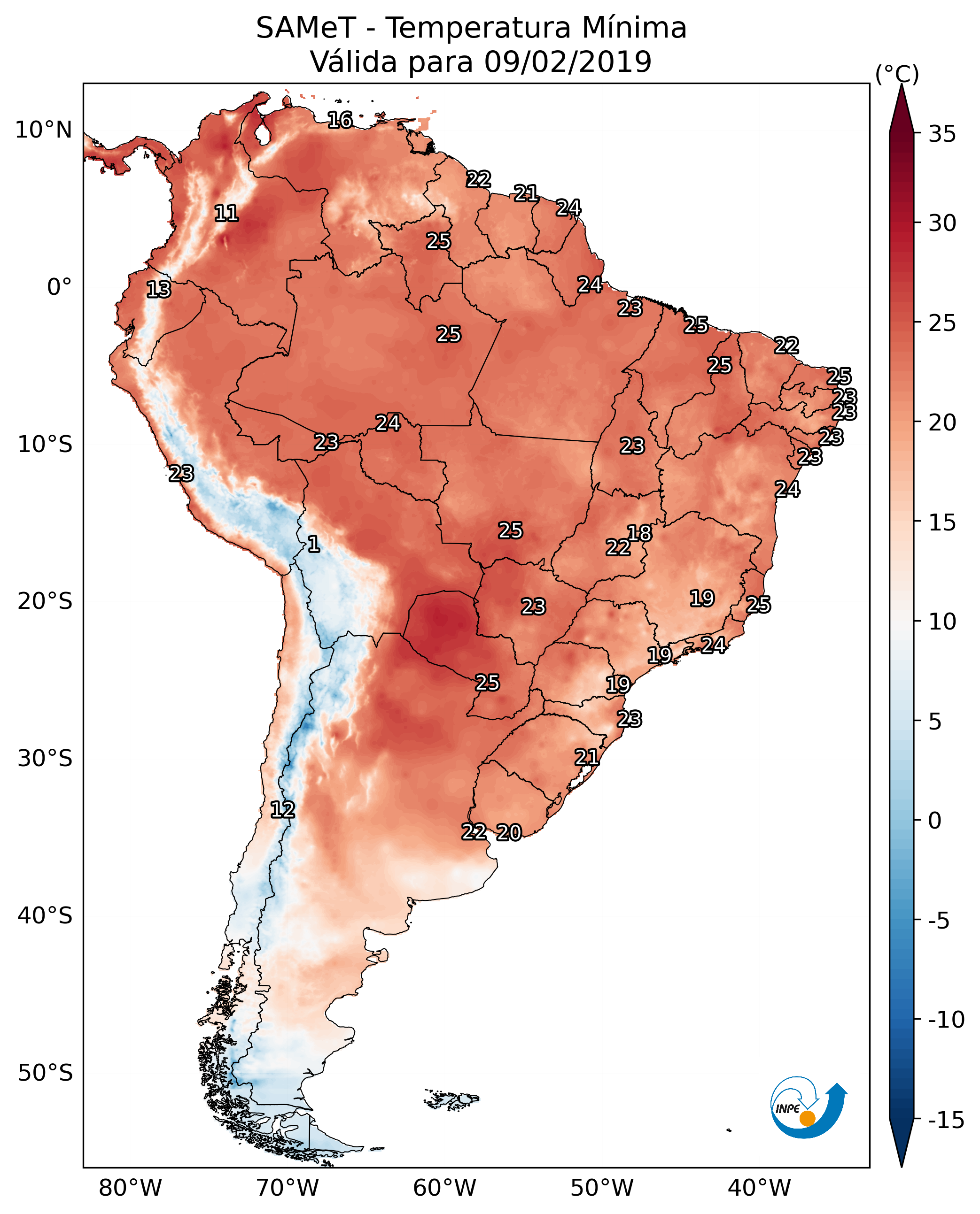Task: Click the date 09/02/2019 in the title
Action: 568,61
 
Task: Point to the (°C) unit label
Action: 897,74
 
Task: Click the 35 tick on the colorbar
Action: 942,134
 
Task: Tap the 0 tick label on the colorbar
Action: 935,821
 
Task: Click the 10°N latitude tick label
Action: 44,131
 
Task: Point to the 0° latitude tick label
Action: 59,287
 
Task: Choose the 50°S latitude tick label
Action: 45,1073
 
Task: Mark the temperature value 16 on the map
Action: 340,120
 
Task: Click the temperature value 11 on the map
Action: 226,213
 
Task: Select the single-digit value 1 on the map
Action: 314,545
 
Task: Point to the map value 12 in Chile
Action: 282,810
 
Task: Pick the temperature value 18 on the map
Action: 639,533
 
